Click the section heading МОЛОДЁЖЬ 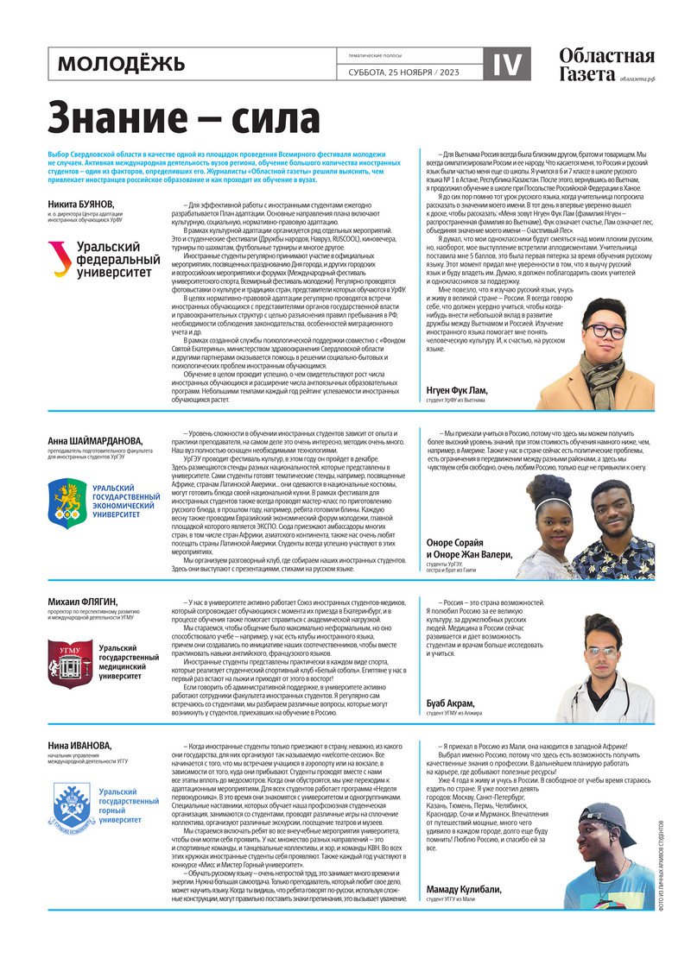click(x=122, y=64)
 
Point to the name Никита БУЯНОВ click(x=81, y=204)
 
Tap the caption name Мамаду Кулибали click(x=472, y=889)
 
